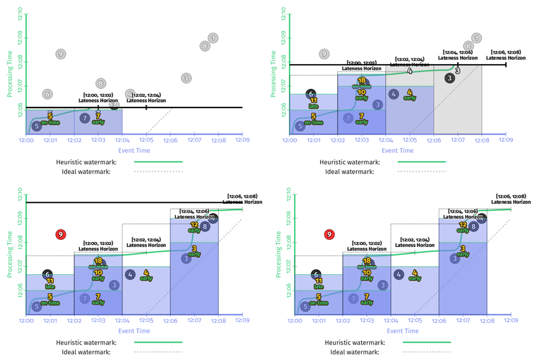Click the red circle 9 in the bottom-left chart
61,234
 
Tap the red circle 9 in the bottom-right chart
329,234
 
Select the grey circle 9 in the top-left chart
60,54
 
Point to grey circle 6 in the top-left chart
47,94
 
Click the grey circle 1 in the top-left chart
213,39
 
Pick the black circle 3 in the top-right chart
450,78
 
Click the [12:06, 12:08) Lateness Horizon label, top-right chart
505,55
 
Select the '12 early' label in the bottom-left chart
194,227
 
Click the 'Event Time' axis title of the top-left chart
134,150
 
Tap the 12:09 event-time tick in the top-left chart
241,141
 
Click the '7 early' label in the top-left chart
98,118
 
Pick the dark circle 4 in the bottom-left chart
130,274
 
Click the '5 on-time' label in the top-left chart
50,118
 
